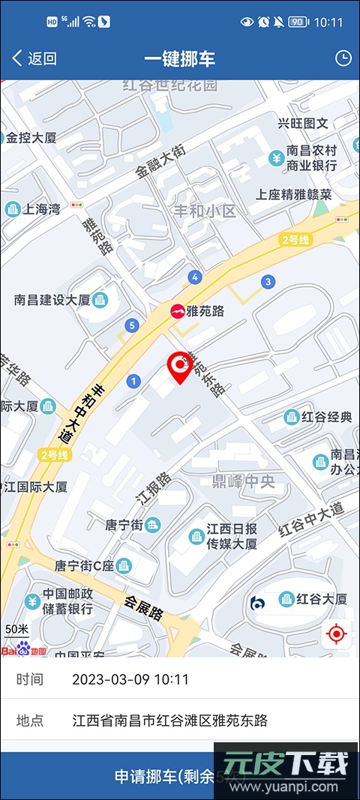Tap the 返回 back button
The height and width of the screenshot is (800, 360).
pyautogui.click(x=34, y=58)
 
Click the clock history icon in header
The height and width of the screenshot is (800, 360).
pyautogui.click(x=343, y=58)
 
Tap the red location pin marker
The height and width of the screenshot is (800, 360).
pyautogui.click(x=179, y=367)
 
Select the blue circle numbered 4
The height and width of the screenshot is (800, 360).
pyautogui.click(x=195, y=277)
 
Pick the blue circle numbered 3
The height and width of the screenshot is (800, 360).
pyautogui.click(x=267, y=282)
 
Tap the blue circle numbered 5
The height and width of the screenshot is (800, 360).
pyautogui.click(x=133, y=325)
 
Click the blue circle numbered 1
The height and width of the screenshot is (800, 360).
pyautogui.click(x=134, y=382)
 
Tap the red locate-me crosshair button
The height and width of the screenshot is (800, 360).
pyautogui.click(x=337, y=635)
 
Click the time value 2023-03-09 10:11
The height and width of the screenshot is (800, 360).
pyautogui.click(x=130, y=680)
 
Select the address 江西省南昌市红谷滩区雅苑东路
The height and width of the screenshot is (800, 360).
pyautogui.click(x=170, y=721)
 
